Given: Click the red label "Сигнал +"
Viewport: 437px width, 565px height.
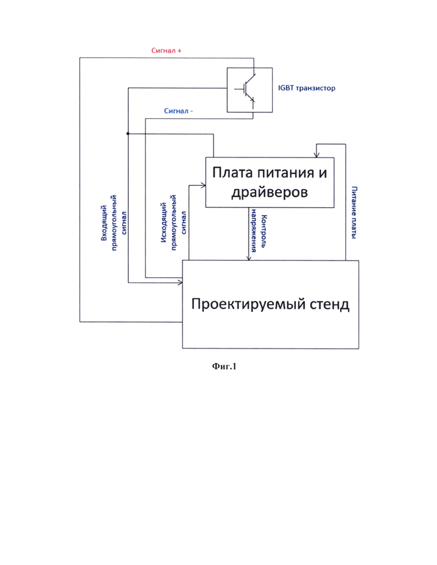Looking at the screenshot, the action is click(x=166, y=51).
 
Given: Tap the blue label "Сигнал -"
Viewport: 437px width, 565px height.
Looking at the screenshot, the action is click(x=179, y=111).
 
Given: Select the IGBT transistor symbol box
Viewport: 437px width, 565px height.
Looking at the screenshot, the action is click(x=249, y=90).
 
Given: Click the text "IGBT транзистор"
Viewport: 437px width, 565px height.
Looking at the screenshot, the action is click(x=306, y=88).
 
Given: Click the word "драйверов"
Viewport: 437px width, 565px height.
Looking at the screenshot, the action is click(x=269, y=192).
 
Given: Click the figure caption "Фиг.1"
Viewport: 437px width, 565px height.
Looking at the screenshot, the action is click(x=224, y=366).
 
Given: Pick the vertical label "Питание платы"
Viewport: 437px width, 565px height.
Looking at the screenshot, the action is click(x=355, y=213).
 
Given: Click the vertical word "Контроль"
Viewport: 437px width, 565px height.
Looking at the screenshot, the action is click(x=263, y=231).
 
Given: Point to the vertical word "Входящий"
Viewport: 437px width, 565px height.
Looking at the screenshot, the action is click(x=104, y=223).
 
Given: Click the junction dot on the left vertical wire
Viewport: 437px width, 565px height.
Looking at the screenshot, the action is click(x=128, y=134).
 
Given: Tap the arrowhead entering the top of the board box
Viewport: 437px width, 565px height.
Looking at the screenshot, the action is click(x=316, y=155).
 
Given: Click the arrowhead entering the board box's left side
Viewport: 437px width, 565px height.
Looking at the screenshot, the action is click(x=203, y=185).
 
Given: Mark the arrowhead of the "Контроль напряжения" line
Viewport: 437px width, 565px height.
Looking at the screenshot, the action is click(x=249, y=258).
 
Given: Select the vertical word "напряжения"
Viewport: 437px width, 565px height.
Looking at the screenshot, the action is click(x=254, y=231).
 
